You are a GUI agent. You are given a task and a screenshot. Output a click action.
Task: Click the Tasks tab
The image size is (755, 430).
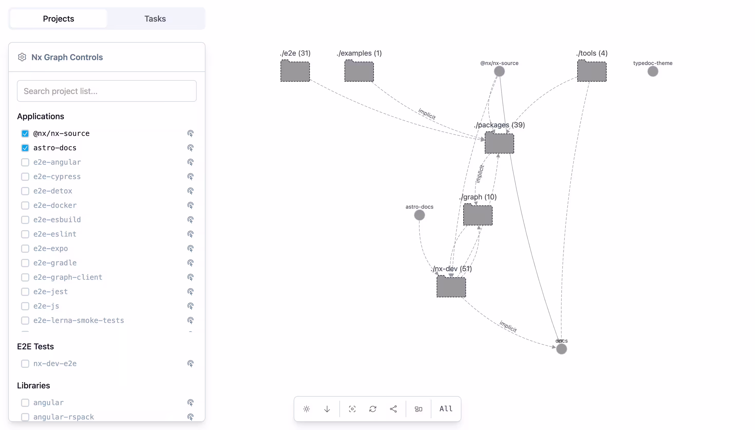tap(155, 18)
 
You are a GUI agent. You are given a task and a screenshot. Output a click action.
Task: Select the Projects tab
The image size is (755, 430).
tap(59, 18)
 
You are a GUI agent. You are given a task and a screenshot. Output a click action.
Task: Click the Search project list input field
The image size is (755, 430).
tap(107, 91)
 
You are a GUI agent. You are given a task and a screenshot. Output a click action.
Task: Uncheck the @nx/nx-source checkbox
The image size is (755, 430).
tap(25, 134)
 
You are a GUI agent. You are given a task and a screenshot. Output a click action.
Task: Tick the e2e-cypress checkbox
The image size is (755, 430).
tap(25, 177)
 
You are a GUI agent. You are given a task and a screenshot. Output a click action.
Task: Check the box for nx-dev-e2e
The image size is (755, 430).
tap(25, 363)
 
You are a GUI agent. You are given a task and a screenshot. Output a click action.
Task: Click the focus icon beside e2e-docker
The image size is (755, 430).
tap(190, 205)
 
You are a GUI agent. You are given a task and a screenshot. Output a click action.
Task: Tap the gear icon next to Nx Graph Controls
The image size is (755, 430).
tap(22, 57)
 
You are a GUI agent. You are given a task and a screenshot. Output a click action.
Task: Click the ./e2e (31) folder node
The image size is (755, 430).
tap(295, 71)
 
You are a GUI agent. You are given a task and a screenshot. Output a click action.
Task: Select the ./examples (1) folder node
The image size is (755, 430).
tap(359, 71)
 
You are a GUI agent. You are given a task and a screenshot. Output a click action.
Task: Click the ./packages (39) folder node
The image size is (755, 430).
tap(499, 143)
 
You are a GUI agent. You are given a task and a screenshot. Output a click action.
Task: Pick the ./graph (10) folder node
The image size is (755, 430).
tap(478, 215)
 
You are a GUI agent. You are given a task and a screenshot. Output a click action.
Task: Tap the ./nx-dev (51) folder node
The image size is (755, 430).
tap(451, 287)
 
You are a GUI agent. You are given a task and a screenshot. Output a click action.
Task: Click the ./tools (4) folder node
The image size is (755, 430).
tap(592, 71)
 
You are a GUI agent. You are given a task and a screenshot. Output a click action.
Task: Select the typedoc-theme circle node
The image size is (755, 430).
tap(653, 71)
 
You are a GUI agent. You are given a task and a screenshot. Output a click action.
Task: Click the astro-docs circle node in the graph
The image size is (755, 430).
tap(419, 215)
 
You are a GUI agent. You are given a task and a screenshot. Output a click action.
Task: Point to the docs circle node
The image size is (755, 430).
tap(561, 349)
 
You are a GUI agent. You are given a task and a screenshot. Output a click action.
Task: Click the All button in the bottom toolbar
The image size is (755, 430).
tap(446, 409)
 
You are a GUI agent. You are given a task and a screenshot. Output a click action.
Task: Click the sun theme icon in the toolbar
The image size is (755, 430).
tap(306, 409)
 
